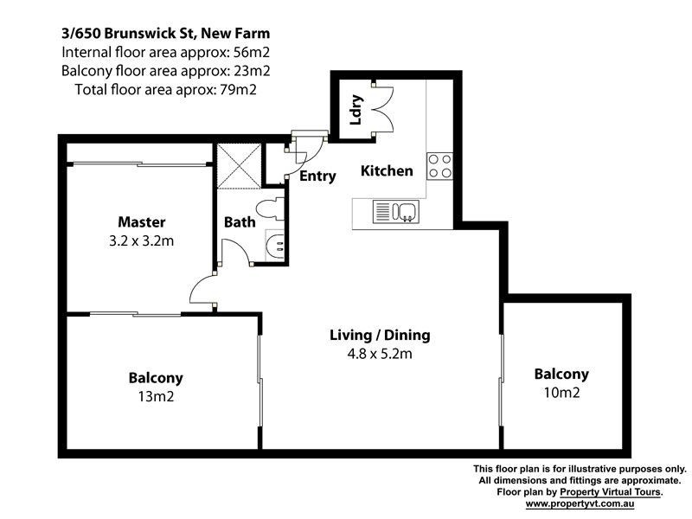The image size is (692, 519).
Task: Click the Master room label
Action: click(x=142, y=222)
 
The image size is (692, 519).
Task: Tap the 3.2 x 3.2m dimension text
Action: click(x=142, y=241)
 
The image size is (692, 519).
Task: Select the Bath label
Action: click(x=240, y=222)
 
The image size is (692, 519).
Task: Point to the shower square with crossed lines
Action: click(x=237, y=165)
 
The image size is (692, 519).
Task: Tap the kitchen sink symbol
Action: click(x=397, y=211)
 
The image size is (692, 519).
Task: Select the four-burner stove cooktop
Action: click(x=439, y=165)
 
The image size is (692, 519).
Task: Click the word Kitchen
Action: click(x=387, y=171)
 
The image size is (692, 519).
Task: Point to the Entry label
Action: click(x=317, y=176)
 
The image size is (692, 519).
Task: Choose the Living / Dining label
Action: click(x=380, y=335)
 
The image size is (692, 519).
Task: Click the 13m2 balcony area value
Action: click(x=156, y=397)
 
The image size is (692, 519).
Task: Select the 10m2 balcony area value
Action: click(x=561, y=393)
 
